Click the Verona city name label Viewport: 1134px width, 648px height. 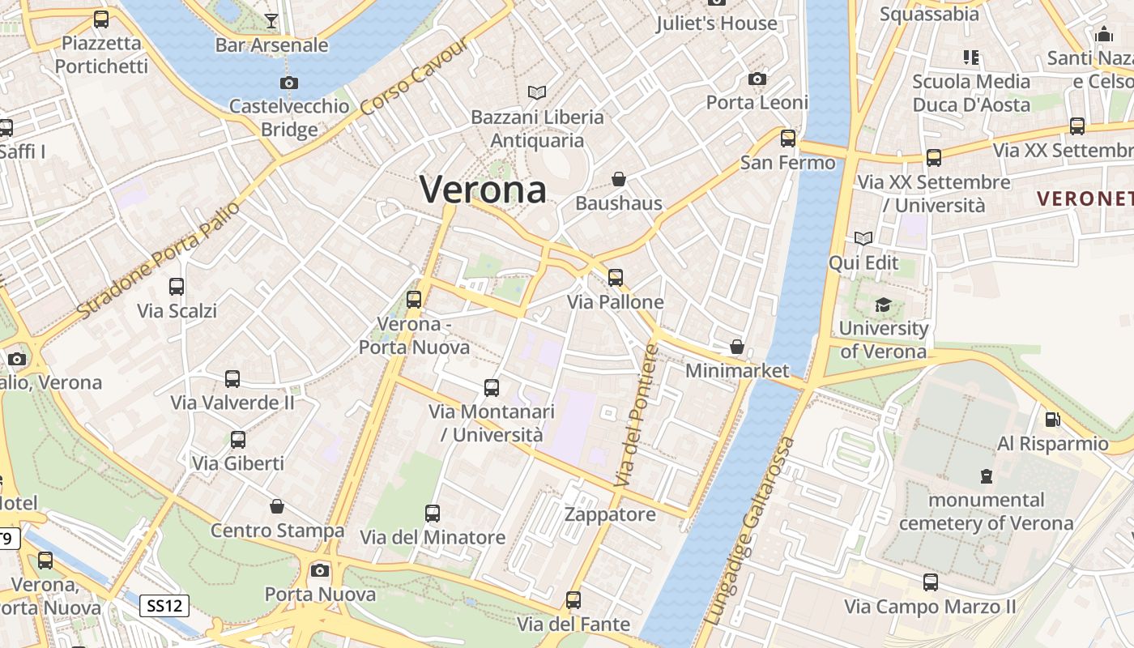(484, 190)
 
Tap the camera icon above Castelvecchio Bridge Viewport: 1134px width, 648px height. (288, 83)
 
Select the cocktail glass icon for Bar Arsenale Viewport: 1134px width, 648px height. (271, 21)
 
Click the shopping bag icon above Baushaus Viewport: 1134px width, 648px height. (619, 179)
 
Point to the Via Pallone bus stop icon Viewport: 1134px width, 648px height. (616, 278)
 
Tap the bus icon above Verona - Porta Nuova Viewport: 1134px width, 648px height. (414, 300)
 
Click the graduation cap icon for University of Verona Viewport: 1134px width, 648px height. (883, 305)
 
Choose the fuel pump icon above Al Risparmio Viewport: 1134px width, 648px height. (1052, 420)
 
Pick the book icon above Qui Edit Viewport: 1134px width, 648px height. (863, 239)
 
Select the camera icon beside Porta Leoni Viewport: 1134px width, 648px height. (757, 79)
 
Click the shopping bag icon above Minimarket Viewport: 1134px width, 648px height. (737, 347)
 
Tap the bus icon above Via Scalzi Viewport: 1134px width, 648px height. (177, 287)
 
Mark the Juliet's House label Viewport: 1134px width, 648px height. (717, 23)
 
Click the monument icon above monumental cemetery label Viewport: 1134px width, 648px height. (986, 475)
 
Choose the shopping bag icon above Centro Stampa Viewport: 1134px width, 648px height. (277, 507)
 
